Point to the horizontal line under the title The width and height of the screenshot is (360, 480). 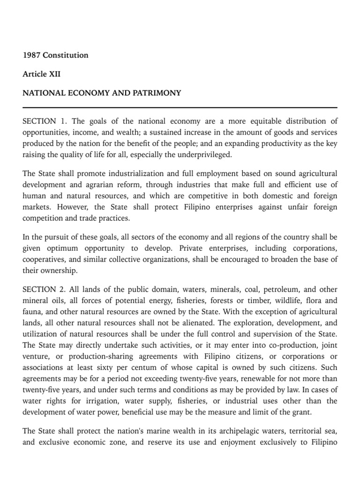(x=180, y=108)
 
